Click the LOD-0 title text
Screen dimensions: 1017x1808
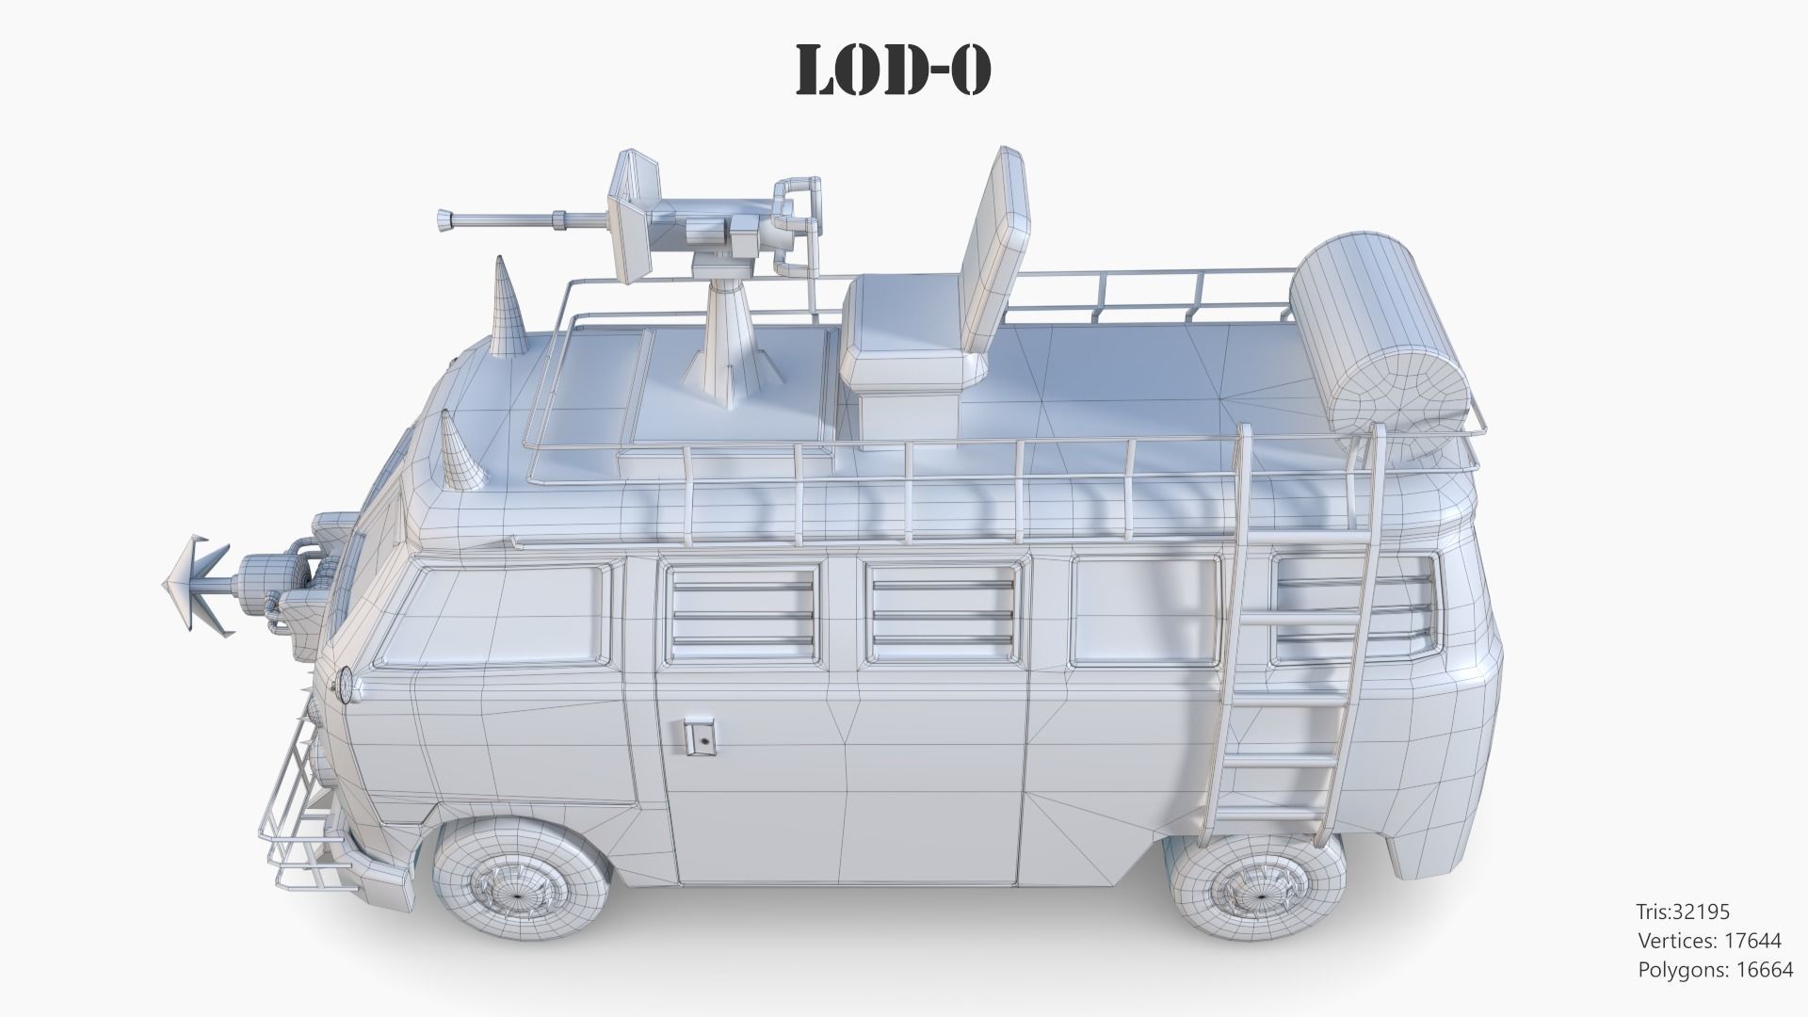894,71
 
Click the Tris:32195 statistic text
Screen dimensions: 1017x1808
1682,912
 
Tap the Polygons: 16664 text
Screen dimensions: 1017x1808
1715,970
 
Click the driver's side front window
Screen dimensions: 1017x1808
490,617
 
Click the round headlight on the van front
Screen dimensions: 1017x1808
346,686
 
